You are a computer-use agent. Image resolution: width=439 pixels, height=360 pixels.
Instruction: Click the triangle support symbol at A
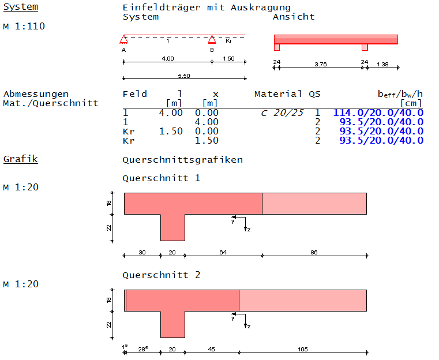tap(123, 40)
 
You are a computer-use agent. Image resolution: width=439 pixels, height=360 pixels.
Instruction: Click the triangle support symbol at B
tap(212, 40)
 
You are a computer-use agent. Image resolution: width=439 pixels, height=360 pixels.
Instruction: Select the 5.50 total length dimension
tap(184, 76)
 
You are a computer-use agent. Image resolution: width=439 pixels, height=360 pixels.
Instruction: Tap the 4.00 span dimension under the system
tap(167, 59)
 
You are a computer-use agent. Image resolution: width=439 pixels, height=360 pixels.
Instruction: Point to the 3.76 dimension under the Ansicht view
tap(321, 65)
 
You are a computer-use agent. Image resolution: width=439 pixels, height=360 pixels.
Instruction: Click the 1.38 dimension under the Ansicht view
tap(382, 65)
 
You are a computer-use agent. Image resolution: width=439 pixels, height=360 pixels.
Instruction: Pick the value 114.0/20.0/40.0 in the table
tap(378, 112)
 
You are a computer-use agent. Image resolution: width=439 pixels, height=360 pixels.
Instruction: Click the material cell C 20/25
tap(282, 112)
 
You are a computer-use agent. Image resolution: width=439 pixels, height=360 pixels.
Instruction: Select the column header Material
tap(278, 94)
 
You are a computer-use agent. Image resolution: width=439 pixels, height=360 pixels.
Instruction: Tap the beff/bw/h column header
tap(400, 94)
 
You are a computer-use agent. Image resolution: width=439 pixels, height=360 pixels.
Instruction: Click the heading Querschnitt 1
tap(162, 178)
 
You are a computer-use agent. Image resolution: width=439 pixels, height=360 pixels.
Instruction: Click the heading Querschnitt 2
tap(162, 275)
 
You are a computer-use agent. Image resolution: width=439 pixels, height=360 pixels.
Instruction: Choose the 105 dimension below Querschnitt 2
tap(302, 348)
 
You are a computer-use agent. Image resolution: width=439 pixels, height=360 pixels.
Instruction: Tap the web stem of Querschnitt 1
tap(172, 227)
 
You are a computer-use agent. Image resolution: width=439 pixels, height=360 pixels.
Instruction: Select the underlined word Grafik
tap(21, 158)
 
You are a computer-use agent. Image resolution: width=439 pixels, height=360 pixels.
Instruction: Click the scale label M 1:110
tap(24, 26)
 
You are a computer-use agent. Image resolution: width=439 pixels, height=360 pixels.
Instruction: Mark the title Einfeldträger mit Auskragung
tap(207, 7)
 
